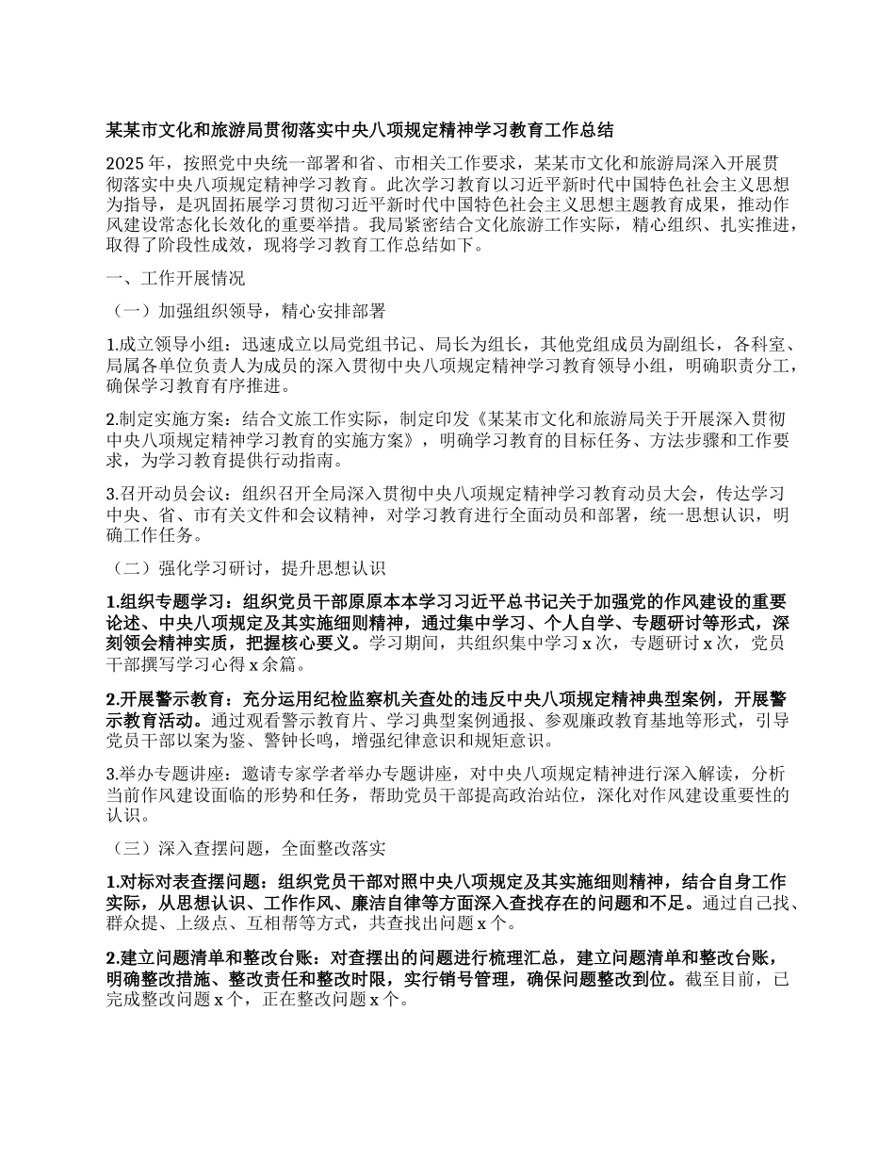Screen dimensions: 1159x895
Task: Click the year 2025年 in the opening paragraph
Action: [135, 160]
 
